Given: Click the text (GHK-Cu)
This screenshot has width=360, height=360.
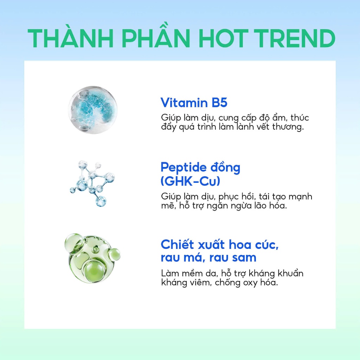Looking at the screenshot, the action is (190, 181).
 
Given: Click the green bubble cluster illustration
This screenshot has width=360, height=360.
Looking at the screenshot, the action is (92, 258).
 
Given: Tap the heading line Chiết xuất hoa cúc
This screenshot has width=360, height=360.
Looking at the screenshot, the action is (220, 244).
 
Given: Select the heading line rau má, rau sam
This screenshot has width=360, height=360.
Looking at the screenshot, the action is (208, 257).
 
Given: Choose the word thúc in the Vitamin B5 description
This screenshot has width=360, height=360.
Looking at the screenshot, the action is (300, 117).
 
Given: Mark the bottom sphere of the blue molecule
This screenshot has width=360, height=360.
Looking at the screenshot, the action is (101, 201).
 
